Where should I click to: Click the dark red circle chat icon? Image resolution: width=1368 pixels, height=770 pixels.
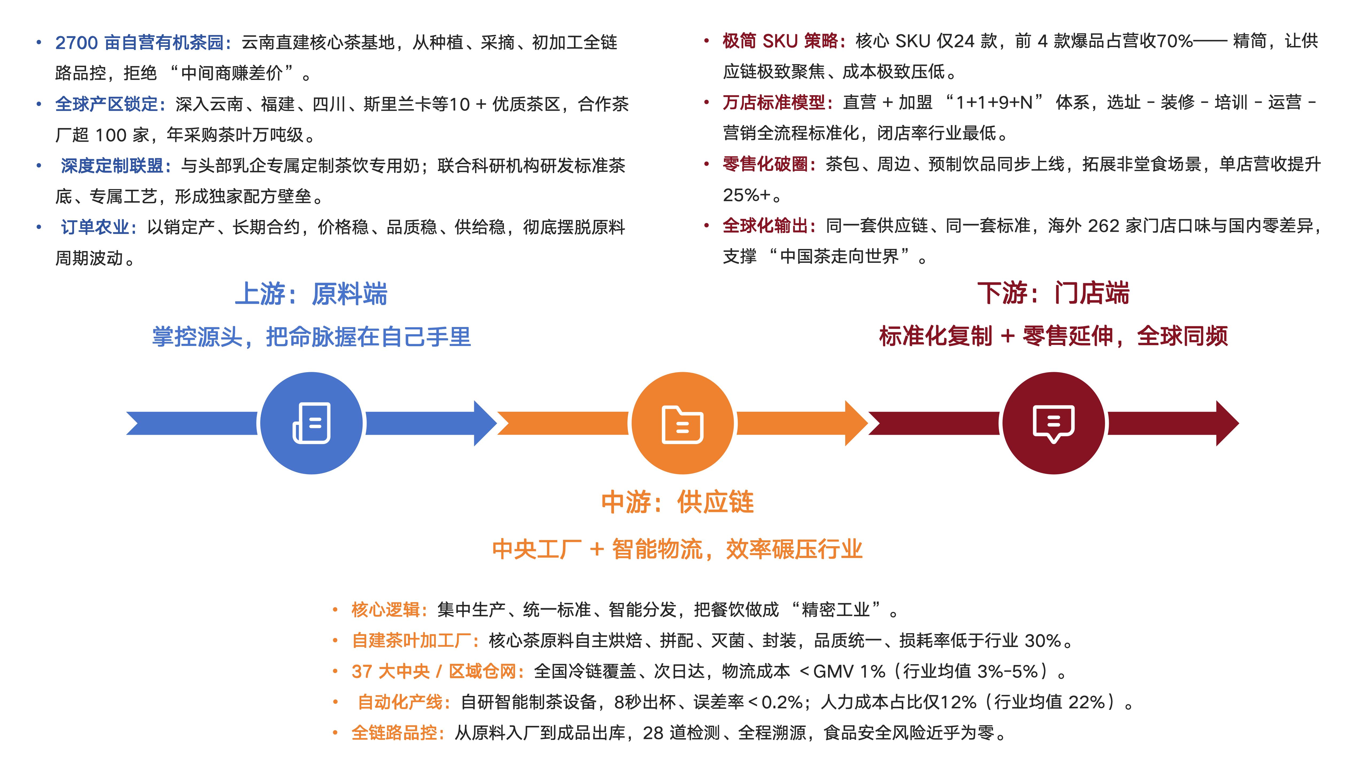(1054, 423)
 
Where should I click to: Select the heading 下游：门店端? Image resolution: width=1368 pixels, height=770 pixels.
(1054, 293)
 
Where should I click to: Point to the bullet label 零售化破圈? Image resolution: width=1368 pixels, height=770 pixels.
(766, 164)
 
